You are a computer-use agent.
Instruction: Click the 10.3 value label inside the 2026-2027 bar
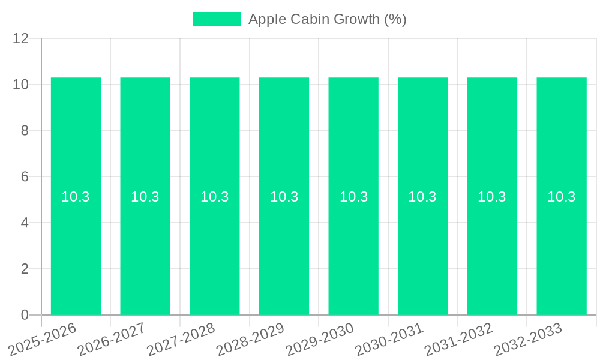tap(145, 197)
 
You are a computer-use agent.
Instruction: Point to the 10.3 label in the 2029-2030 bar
tap(353, 197)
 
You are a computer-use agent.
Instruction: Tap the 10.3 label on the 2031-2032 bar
tap(492, 197)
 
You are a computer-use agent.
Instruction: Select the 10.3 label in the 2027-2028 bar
tap(215, 197)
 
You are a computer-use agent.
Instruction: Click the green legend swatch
tap(217, 19)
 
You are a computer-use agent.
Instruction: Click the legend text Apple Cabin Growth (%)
tap(327, 19)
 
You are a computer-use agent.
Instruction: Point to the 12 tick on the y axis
tap(21, 38)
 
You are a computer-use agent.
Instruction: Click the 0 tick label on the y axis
tap(25, 315)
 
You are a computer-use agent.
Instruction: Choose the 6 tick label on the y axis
tap(25, 177)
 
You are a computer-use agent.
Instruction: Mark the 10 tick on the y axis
tap(21, 85)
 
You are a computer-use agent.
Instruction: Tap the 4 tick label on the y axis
tap(25, 223)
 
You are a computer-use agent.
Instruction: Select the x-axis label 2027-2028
tap(181, 340)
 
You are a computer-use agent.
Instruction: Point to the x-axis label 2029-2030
tap(320, 340)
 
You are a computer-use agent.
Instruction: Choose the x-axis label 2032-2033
tap(528, 340)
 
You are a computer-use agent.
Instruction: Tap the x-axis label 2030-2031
tap(389, 340)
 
